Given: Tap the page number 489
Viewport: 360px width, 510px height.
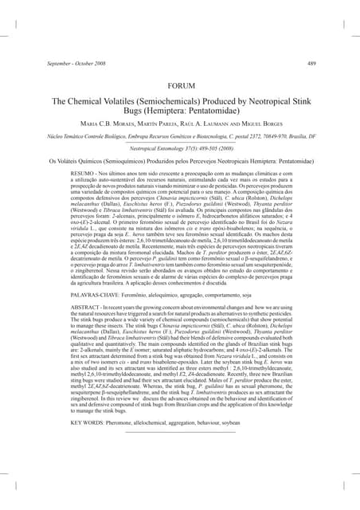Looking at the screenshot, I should [311, 63].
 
